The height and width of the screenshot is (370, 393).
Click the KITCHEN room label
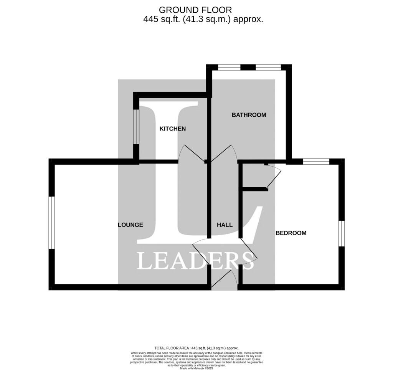click(173, 129)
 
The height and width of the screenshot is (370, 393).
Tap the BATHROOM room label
click(249, 115)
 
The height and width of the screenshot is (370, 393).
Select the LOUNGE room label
click(130, 225)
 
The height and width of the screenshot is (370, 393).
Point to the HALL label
click(225, 225)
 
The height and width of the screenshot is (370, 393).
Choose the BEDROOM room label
click(291, 233)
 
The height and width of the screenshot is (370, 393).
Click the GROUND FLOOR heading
click(195, 10)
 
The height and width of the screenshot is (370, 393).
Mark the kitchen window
click(136, 127)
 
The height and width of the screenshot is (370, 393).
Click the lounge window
click(52, 223)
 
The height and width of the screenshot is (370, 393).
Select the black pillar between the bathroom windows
click(248, 67)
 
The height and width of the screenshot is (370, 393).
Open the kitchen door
click(192, 153)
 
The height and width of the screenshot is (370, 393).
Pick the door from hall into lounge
click(201, 251)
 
